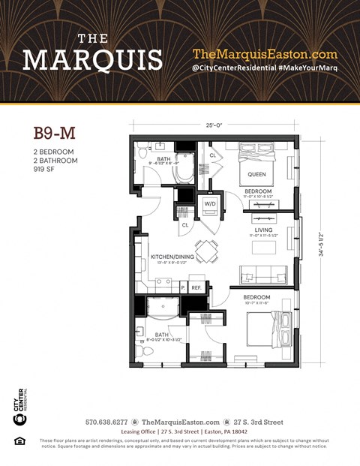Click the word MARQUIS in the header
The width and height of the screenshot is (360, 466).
pos(92,59)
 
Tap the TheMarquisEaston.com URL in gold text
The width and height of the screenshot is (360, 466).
pos(265,54)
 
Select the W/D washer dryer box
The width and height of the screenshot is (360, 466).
pos(211,203)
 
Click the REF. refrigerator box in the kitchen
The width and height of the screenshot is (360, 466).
pos(197,287)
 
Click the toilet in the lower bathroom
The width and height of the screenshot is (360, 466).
pos(145,350)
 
